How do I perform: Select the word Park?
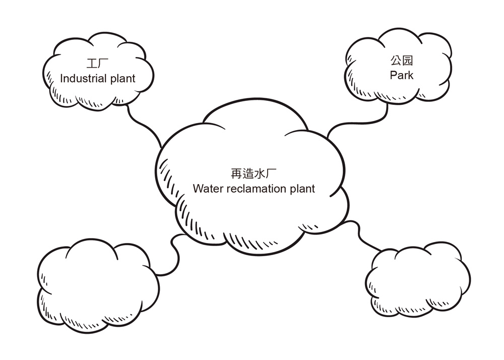tap(401, 75)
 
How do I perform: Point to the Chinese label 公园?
tap(402, 62)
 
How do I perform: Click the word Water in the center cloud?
tap(207, 189)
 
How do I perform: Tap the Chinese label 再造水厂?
tap(254, 174)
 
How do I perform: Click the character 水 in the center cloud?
tap(261, 174)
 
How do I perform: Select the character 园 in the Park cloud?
tap(408, 62)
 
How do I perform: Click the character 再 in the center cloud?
tap(236, 174)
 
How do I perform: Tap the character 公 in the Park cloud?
tap(396, 62)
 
